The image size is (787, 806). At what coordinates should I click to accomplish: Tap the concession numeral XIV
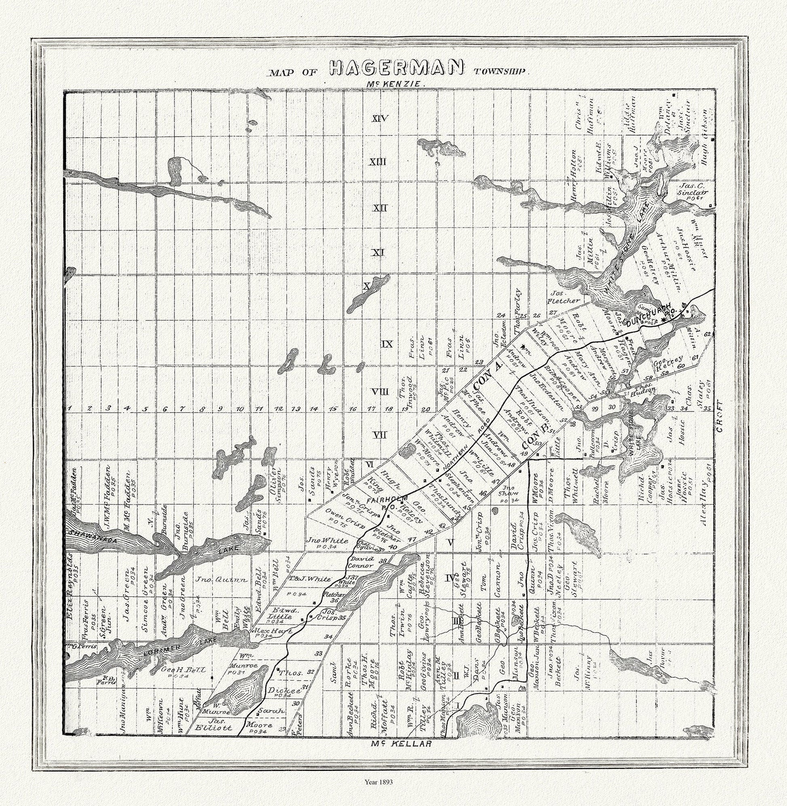(x=380, y=119)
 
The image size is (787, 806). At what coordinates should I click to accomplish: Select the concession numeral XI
(x=377, y=252)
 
